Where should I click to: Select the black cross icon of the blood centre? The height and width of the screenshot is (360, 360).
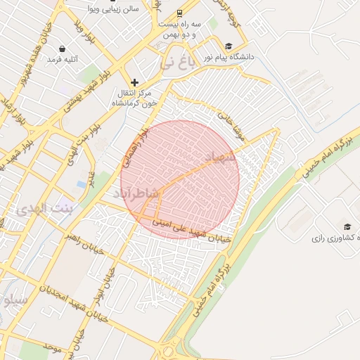pos(135,83)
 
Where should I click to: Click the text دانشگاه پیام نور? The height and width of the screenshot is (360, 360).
pos(229,56)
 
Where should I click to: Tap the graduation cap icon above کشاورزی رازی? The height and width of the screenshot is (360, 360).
pos(347,226)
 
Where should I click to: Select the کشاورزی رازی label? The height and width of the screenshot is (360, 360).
pos(338,238)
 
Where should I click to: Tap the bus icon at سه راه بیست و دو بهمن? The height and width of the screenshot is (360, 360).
pos(179,13)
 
